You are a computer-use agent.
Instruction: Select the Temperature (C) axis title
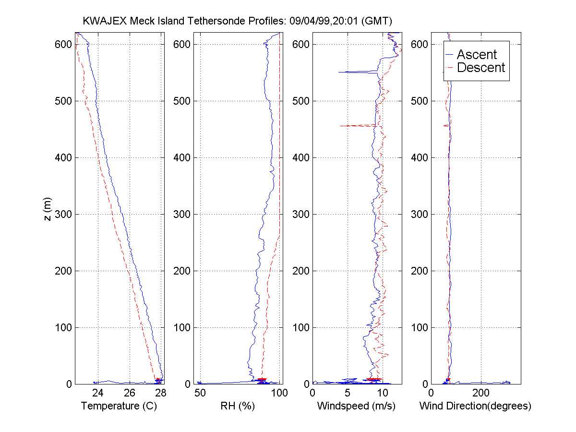119,406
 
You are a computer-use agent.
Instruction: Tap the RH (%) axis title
237,406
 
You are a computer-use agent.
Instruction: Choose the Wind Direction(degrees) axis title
475,406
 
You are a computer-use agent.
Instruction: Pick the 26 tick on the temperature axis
130,393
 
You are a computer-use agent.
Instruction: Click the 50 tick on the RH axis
200,393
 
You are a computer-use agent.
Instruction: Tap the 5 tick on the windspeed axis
348,393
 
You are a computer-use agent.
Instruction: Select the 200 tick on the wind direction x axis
481,393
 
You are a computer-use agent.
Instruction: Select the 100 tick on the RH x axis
279,393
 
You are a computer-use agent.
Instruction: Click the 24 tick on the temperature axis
98,393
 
